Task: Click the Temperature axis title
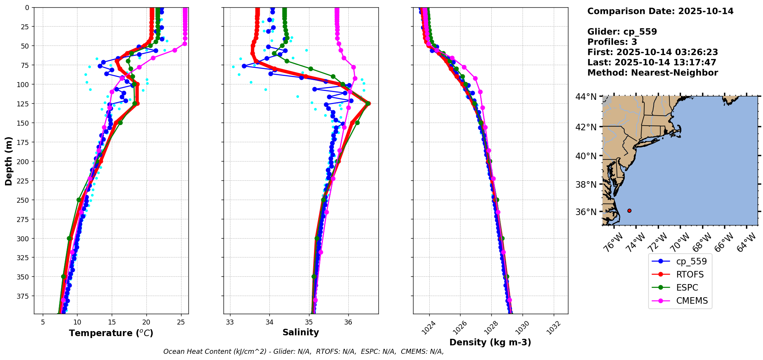tap(111, 333)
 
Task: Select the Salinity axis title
tap(301, 333)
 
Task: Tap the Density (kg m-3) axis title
tap(490, 342)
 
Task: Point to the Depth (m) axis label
tap(8, 161)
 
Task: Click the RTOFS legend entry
tap(690, 274)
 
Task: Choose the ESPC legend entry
tap(687, 288)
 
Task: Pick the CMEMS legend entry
tap(692, 301)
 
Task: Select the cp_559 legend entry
tap(691, 261)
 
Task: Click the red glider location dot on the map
tap(629, 210)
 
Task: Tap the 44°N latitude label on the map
tap(586, 97)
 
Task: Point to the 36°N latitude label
tap(586, 212)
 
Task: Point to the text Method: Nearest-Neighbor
tap(652, 73)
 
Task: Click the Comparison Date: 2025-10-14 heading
tap(660, 11)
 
